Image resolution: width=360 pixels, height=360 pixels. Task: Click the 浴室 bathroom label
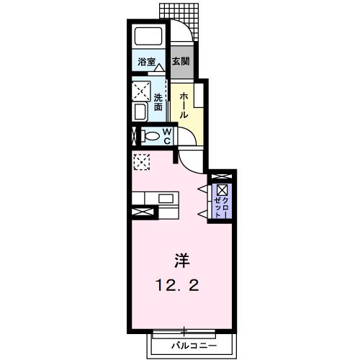tap(146, 62)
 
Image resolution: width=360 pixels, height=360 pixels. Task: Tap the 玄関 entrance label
tap(181, 62)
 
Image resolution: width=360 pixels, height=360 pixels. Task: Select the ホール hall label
tap(184, 106)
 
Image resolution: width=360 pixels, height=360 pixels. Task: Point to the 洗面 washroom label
tap(158, 102)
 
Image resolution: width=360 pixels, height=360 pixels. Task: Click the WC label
tap(167, 136)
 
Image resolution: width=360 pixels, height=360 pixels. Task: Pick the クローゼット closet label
tap(222, 207)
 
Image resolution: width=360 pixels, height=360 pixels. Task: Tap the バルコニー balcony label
tap(194, 346)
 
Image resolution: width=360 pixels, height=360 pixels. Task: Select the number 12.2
tap(177, 286)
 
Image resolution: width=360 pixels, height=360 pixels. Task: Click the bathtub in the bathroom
tap(148, 36)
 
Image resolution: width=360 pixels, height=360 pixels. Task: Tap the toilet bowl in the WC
tap(150, 136)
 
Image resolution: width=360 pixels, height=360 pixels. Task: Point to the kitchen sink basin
tap(166, 199)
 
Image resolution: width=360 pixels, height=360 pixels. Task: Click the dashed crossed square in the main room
tap(142, 162)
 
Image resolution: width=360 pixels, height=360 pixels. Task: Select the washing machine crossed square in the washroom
tap(141, 91)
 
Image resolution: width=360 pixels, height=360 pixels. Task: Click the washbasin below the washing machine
tap(140, 112)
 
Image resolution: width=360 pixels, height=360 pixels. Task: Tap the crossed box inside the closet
tap(221, 190)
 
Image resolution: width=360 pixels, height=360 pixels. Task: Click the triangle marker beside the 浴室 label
tap(158, 68)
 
